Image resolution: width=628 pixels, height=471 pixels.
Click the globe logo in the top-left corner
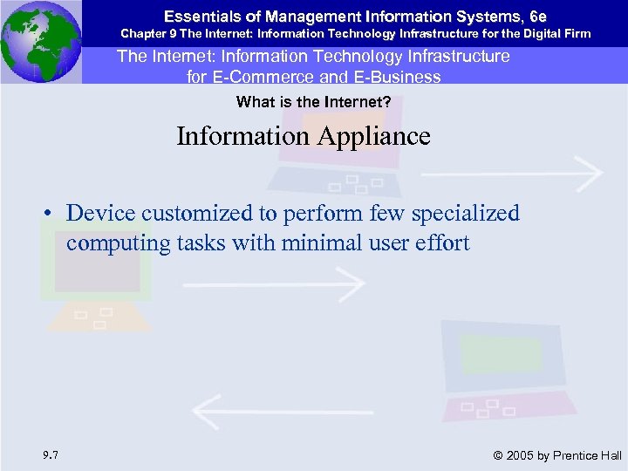tap(40, 40)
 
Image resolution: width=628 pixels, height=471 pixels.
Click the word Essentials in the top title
tap(195, 15)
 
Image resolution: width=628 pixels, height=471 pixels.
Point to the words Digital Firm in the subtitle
tap(560, 34)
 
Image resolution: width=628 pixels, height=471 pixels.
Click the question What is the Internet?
tap(313, 102)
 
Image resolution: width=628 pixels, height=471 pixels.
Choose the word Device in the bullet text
tap(98, 214)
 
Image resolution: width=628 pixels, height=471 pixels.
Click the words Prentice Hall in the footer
tap(589, 455)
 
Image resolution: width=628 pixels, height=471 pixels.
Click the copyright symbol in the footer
tap(498, 455)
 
